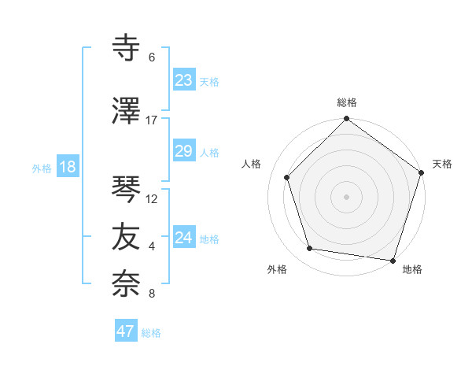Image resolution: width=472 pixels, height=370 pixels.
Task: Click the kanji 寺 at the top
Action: [x=127, y=48]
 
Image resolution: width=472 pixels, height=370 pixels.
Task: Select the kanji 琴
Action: [x=127, y=190]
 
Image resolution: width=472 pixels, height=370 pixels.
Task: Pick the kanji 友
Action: [x=127, y=237]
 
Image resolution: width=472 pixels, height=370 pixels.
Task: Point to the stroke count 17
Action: [x=152, y=120]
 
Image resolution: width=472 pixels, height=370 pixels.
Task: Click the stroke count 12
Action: [x=152, y=199]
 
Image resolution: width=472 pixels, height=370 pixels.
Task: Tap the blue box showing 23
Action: [x=184, y=80]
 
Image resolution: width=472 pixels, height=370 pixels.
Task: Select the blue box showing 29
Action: [x=184, y=151]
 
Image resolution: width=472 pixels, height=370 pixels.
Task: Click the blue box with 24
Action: [x=184, y=238]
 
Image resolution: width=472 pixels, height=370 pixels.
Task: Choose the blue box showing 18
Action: [x=67, y=167]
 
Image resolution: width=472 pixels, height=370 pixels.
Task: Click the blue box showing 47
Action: [x=126, y=331]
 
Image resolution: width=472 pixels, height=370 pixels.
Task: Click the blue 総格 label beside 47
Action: [x=151, y=333]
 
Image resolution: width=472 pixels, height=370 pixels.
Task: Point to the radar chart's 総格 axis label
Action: [x=346, y=102]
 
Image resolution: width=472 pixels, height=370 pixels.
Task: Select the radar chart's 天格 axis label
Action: [x=442, y=164]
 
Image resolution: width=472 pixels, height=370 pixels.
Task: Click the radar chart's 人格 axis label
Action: [x=252, y=164]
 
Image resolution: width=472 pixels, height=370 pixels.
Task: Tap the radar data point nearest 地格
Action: [x=393, y=260]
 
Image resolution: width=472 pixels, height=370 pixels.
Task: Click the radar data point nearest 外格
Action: [x=310, y=249]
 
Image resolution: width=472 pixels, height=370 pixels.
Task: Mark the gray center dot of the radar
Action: [x=346, y=196]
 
